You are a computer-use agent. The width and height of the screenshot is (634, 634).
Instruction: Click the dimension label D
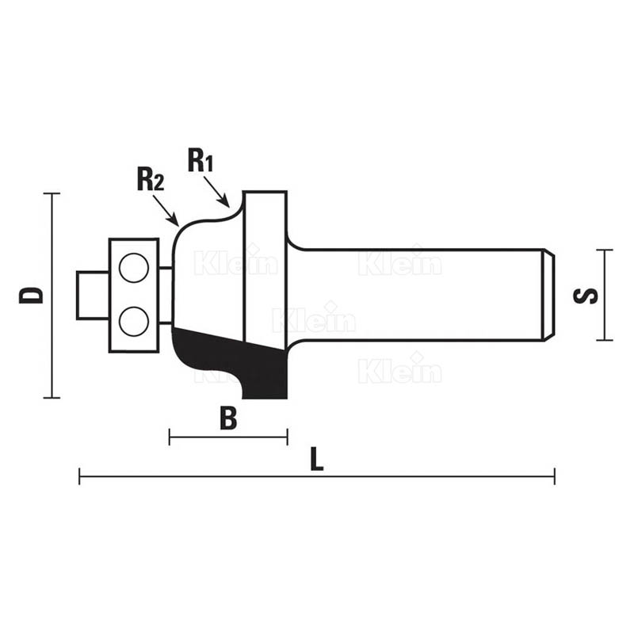(x=31, y=295)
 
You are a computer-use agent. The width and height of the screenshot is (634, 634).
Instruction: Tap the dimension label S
(x=585, y=295)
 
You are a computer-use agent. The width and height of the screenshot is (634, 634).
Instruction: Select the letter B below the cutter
(x=228, y=419)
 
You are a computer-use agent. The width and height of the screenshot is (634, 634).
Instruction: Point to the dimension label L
(x=316, y=459)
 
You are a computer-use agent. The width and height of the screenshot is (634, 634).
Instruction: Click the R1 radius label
(x=201, y=160)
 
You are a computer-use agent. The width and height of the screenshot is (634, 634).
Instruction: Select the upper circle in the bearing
(x=134, y=267)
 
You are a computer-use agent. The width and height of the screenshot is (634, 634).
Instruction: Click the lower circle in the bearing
(x=134, y=321)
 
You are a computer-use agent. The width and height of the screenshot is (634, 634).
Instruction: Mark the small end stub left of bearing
(x=93, y=296)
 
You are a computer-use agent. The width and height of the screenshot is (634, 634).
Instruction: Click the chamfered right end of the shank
(x=548, y=295)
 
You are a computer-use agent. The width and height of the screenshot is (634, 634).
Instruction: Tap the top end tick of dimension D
(x=52, y=193)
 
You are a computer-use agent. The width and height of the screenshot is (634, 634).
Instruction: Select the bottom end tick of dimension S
(x=605, y=340)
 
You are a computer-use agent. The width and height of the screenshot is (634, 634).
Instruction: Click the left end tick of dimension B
(x=170, y=437)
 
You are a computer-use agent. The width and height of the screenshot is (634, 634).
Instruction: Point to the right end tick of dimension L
(x=555, y=476)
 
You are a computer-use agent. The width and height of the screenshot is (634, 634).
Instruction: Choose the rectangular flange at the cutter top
(x=265, y=267)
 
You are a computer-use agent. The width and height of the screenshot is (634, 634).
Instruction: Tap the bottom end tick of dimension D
(x=52, y=398)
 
